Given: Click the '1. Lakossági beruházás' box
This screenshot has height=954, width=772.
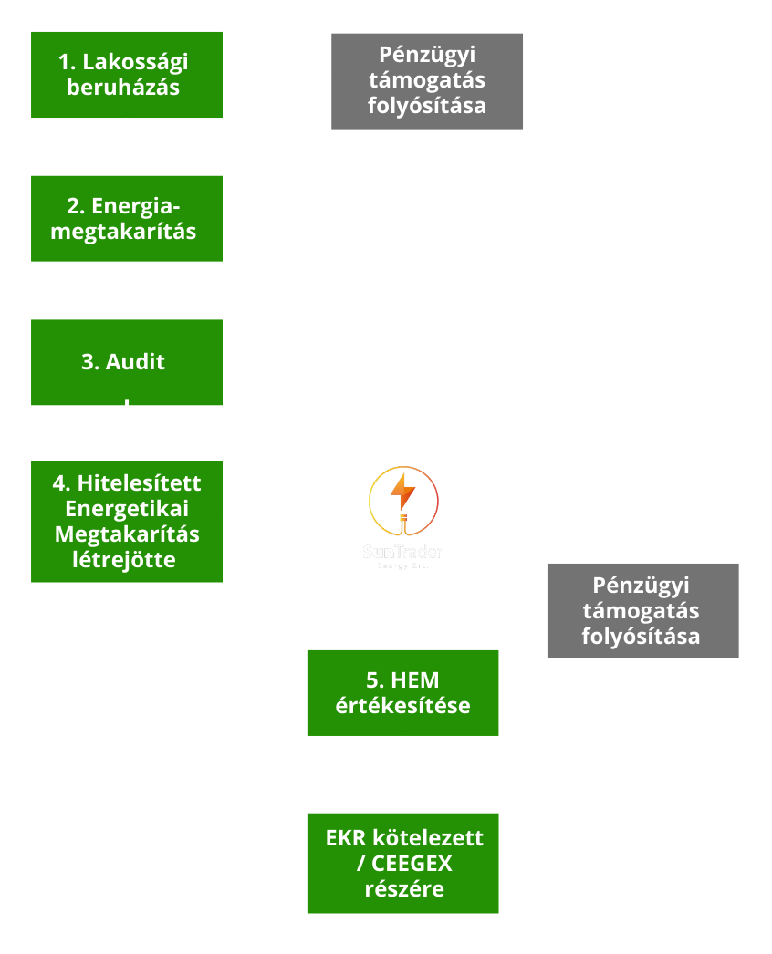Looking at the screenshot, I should pyautogui.click(x=127, y=75).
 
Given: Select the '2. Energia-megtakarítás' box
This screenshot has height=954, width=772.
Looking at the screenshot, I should pyautogui.click(x=127, y=219).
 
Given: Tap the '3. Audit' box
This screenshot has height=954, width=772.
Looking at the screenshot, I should pyautogui.click(x=127, y=362).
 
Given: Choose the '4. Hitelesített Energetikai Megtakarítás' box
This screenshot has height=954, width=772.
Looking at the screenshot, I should pyautogui.click(x=127, y=521).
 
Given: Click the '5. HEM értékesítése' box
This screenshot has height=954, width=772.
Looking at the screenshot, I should pyautogui.click(x=402, y=692).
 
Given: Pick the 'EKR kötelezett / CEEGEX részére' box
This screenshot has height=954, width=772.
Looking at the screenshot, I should pyautogui.click(x=402, y=863).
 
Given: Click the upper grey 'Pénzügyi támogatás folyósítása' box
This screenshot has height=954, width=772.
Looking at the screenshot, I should pyautogui.click(x=427, y=81).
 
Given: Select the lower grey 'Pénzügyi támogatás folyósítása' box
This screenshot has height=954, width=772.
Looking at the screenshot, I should pyautogui.click(x=642, y=610).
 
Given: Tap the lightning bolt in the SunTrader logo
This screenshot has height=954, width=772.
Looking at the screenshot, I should pyautogui.click(x=402, y=493).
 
